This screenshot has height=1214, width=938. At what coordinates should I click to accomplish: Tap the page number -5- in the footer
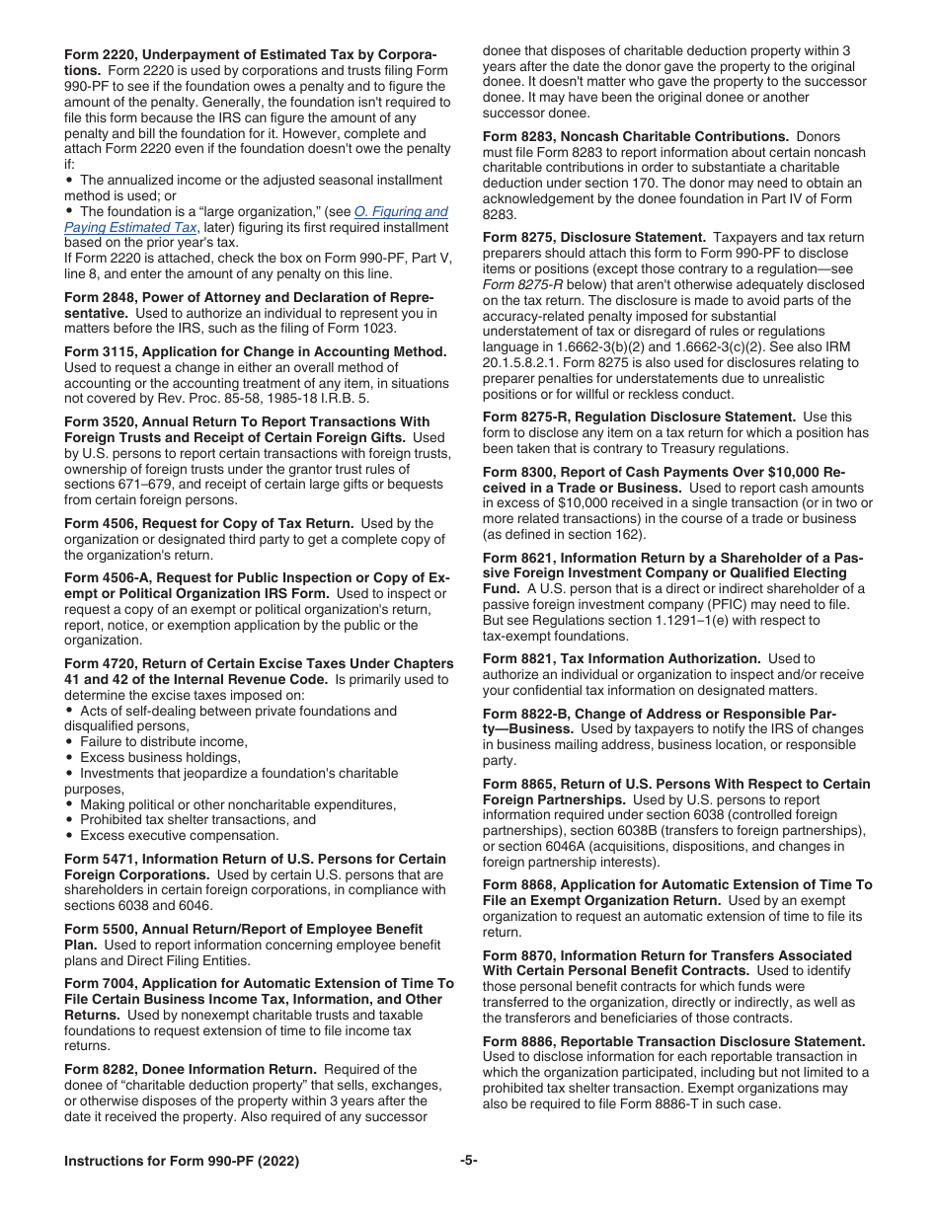click(468, 1161)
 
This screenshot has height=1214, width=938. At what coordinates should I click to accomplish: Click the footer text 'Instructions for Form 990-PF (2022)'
click(182, 1161)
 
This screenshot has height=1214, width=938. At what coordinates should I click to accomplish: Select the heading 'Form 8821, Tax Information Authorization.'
click(621, 658)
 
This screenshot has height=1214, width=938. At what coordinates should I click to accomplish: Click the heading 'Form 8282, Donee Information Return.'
click(190, 1069)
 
